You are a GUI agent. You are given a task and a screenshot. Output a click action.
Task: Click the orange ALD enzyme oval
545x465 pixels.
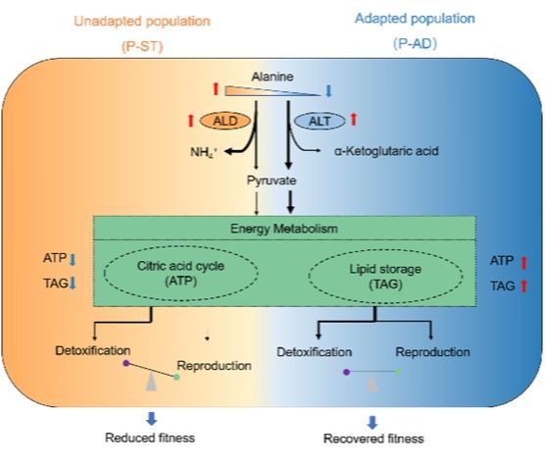point(225,121)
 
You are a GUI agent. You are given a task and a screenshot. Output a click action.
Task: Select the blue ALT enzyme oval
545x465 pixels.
point(320,121)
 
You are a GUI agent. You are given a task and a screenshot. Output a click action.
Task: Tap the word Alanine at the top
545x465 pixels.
point(272,77)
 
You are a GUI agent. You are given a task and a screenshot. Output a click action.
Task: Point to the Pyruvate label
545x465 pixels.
point(272,181)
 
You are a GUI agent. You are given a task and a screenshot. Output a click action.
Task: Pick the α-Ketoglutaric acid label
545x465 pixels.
point(386,151)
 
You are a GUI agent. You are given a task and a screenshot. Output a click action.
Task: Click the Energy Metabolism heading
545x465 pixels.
point(284,229)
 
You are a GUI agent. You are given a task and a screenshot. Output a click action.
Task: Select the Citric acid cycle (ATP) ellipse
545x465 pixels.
point(181,273)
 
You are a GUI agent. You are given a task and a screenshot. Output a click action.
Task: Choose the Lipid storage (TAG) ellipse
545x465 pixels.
point(385,276)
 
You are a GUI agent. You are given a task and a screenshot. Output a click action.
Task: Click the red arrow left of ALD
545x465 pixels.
point(190,121)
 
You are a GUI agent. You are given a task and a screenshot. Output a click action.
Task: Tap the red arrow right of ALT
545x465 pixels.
point(354,119)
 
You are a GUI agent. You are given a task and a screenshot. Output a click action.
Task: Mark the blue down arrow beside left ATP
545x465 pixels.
point(73,259)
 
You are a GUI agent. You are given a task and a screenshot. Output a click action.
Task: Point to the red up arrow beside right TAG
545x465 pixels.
point(523,286)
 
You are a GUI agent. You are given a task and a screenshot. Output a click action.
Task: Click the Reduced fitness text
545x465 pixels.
point(150,438)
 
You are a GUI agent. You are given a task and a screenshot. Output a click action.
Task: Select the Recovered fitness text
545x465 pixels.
point(373,439)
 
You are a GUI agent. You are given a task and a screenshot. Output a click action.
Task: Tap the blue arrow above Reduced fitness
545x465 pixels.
point(151,418)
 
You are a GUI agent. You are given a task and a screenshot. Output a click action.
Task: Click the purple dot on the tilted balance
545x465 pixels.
point(126,363)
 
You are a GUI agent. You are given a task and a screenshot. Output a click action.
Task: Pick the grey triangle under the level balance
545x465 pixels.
point(372,386)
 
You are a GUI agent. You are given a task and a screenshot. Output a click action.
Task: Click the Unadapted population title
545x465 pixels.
point(142,22)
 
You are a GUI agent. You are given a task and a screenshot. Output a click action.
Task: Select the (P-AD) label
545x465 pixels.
point(415,43)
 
